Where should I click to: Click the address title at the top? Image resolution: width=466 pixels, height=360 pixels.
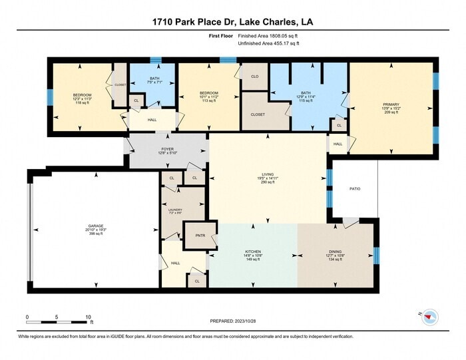click(233, 22)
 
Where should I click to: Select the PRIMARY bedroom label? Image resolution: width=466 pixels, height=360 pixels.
click(391, 104)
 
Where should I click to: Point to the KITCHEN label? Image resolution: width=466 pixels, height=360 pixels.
click(253, 252)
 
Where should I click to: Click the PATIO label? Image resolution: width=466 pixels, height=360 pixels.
click(355, 189)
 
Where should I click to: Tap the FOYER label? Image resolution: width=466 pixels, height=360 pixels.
click(167, 149)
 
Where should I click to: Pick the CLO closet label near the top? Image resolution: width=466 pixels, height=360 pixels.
click(254, 77)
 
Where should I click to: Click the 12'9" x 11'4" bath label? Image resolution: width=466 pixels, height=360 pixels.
click(306, 96)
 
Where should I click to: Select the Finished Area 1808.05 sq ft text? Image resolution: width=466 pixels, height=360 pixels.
click(268, 35)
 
